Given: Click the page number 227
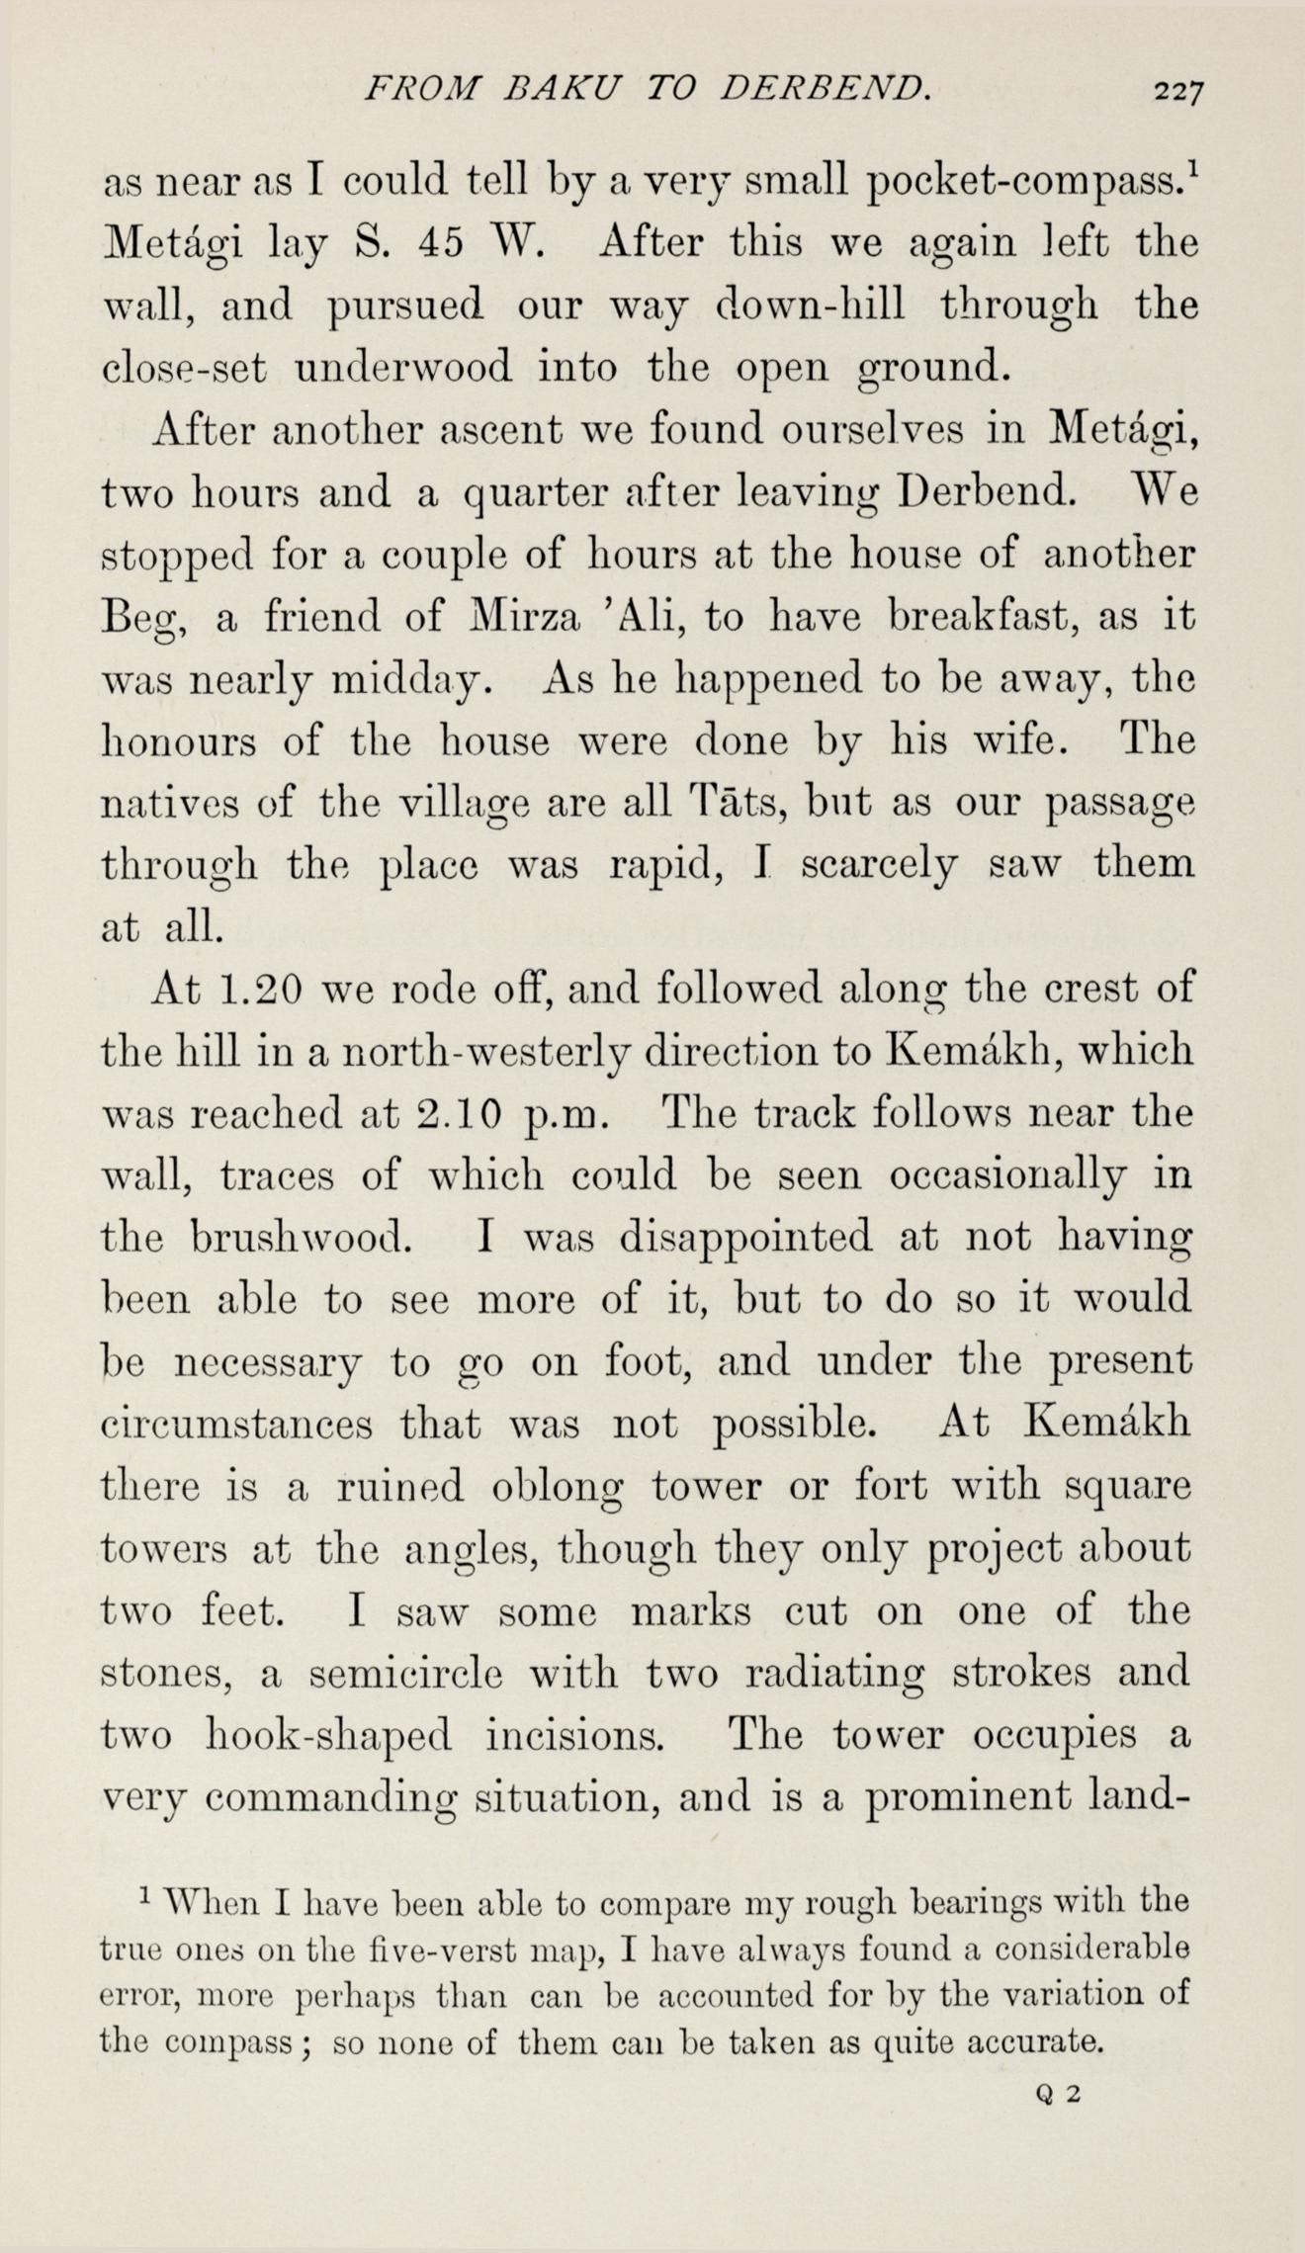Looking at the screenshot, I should coord(1176,92).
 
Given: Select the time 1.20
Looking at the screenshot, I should coord(256,990).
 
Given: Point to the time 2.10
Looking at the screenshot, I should coord(459,1114).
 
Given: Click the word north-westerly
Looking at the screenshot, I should coord(483,1052).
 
